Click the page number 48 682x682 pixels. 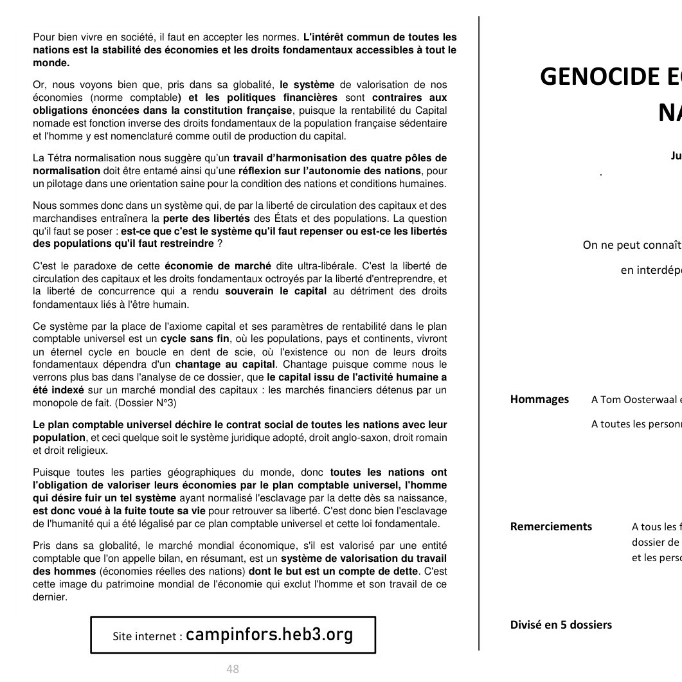click(x=232, y=669)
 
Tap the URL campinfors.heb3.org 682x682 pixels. click(x=269, y=634)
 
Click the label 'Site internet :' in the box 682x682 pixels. click(x=147, y=636)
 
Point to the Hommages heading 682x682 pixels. click(x=539, y=399)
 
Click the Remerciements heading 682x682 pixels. click(x=551, y=526)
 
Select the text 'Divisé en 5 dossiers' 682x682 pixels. click(x=561, y=624)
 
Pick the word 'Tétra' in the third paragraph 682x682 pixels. click(x=59, y=158)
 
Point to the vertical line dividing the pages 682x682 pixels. click(x=479, y=334)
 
